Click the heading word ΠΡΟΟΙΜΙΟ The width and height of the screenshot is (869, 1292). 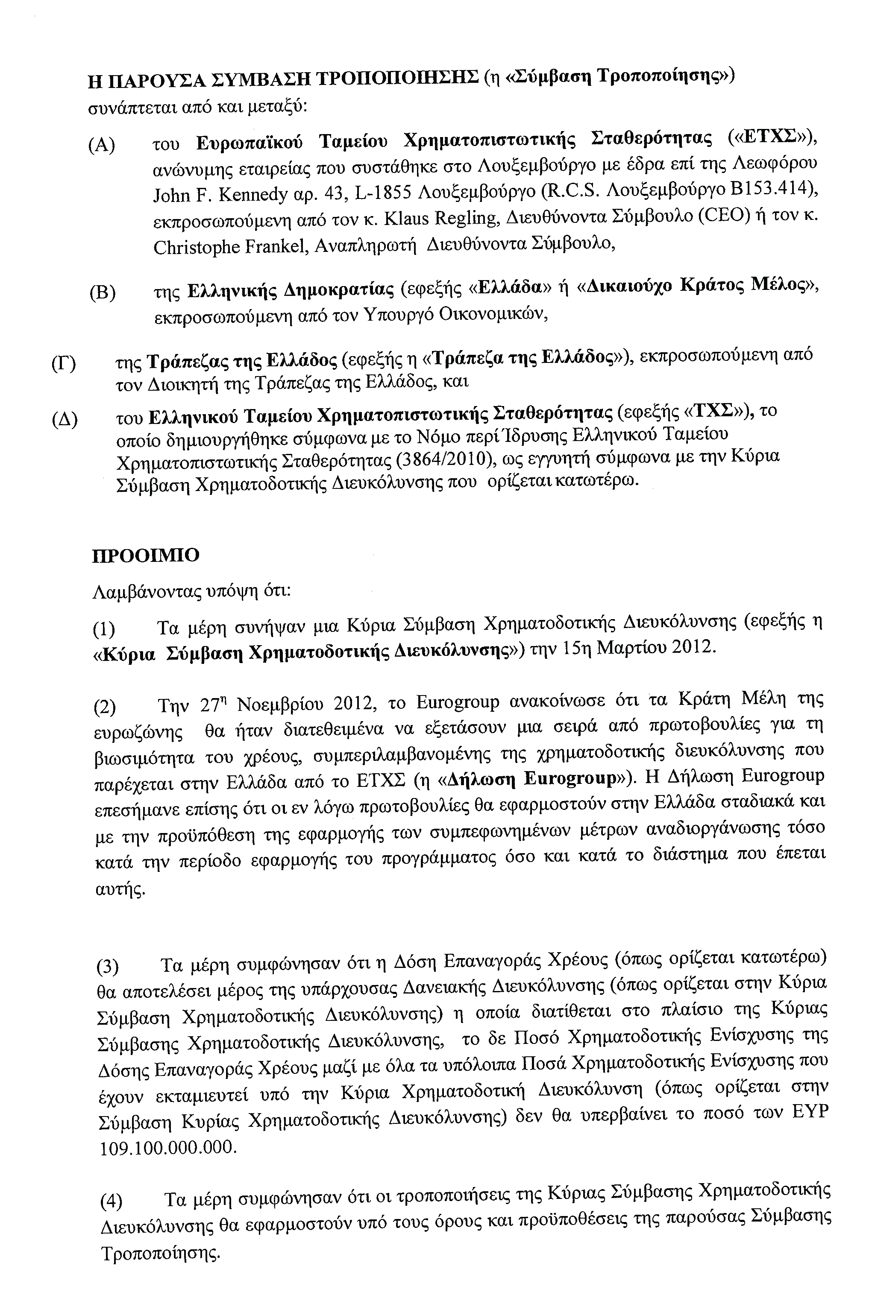click(x=145, y=555)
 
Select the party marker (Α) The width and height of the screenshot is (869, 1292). click(x=101, y=146)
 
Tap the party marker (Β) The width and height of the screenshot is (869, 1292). click(x=103, y=292)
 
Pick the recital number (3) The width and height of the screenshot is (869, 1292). click(x=108, y=967)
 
